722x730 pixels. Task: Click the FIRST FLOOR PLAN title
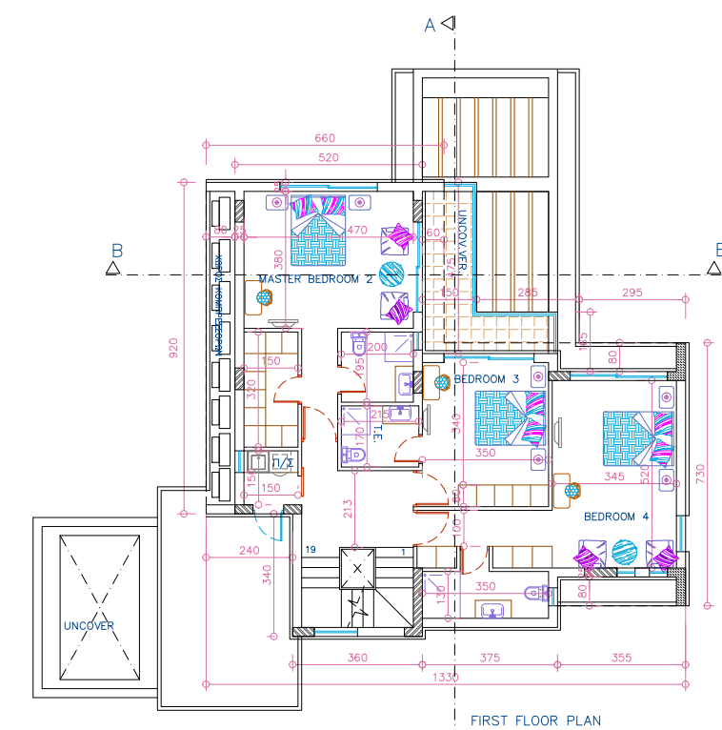(535, 720)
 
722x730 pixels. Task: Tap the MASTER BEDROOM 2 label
(315, 279)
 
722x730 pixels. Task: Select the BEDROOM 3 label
(486, 379)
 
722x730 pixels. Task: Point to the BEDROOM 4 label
(615, 517)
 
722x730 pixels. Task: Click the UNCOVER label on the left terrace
(89, 626)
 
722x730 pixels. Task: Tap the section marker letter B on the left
(117, 252)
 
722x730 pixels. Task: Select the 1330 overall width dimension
(445, 678)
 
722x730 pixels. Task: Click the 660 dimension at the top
(325, 138)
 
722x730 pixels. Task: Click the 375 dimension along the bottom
(491, 658)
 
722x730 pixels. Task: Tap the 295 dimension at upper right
(632, 293)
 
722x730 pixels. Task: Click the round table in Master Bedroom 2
(391, 274)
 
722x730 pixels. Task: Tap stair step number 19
(311, 550)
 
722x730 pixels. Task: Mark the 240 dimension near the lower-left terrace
(249, 550)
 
